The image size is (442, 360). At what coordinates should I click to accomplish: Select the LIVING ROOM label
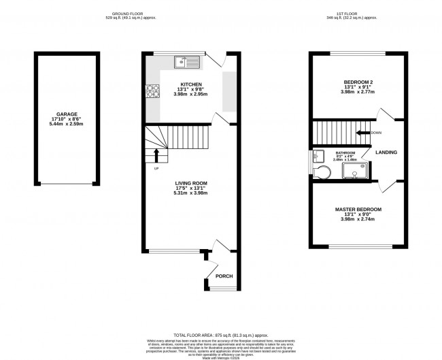(190, 184)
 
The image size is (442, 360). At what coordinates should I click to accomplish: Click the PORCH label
(224, 276)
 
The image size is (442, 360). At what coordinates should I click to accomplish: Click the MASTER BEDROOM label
(358, 209)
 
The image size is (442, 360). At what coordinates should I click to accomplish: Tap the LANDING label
(386, 152)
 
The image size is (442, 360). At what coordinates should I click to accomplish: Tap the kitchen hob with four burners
(152, 91)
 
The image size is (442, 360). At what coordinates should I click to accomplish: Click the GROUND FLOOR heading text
(135, 14)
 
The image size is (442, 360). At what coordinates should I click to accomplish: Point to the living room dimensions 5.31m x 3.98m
(190, 194)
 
